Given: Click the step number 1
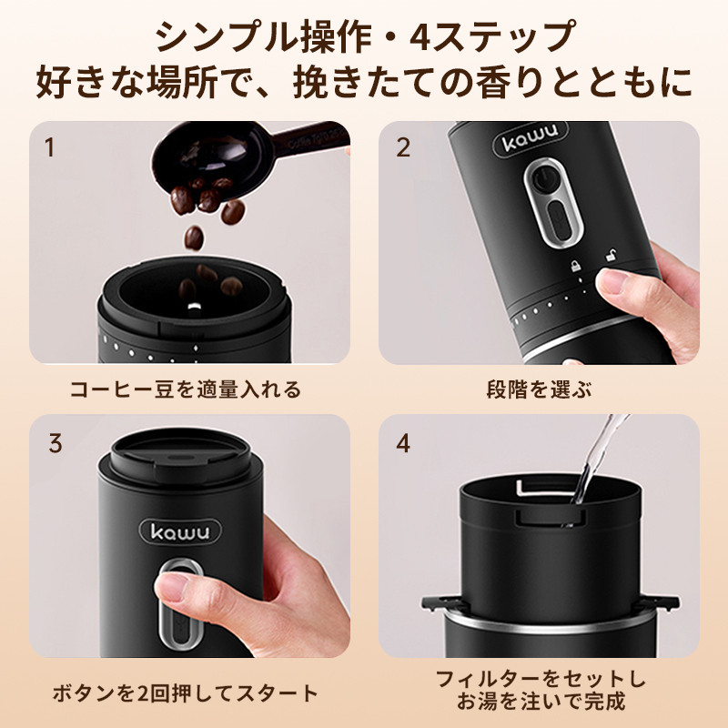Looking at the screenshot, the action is (x=49, y=147).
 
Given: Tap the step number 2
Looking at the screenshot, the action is (x=403, y=147).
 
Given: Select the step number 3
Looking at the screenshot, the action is (x=56, y=443).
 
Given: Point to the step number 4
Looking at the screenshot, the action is (x=403, y=443).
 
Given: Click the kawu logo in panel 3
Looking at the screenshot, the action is (x=180, y=532).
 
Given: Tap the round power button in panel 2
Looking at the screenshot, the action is (x=543, y=178).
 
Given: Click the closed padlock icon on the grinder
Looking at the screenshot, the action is (x=576, y=266).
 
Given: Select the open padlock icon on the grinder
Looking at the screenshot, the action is (x=610, y=255).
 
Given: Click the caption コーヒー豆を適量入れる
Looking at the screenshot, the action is (x=186, y=389).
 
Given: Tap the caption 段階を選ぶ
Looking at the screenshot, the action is (x=539, y=389).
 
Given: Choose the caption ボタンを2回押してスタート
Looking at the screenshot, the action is (x=186, y=693).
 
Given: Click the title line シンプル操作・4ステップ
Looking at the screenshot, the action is (x=365, y=36).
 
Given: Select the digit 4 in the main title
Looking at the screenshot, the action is (x=420, y=37).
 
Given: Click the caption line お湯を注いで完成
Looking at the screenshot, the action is (x=541, y=701).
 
